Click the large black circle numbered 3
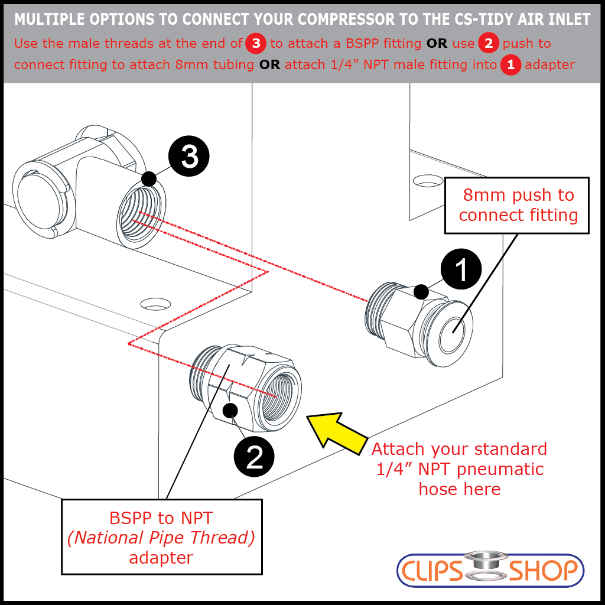[189, 157]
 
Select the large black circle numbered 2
[255, 457]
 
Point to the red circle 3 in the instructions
[256, 44]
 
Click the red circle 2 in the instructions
[488, 44]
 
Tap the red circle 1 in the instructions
[510, 64]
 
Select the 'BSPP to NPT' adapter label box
[161, 537]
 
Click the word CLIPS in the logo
[432, 571]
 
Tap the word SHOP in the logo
[542, 571]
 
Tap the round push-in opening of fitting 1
[453, 331]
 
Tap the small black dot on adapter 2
[230, 409]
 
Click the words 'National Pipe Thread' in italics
[161, 538]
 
